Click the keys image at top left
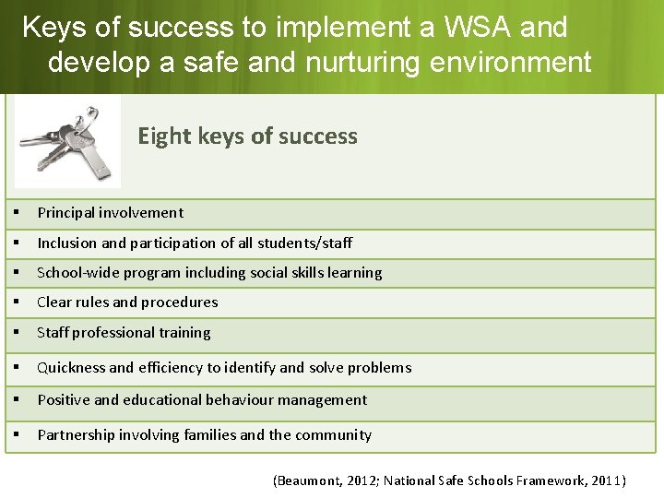click(67, 143)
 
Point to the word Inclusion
click(66, 243)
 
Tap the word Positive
click(64, 400)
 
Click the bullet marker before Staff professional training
click(18, 333)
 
